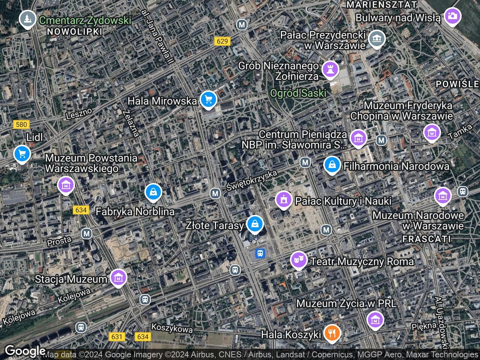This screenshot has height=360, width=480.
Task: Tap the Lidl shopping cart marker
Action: [22, 154]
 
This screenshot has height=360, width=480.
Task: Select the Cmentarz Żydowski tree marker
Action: [27, 18]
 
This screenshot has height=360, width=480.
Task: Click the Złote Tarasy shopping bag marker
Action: [255, 224]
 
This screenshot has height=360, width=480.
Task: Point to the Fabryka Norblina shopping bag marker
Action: [153, 192]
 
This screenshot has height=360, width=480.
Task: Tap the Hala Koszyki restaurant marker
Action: [332, 333]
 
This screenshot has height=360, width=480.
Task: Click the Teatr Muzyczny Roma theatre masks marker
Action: [298, 260]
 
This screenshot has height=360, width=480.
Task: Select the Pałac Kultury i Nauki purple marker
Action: [283, 199]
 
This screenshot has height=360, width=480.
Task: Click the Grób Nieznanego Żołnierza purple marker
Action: [330, 70]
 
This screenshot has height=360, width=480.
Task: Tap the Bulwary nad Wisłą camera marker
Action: [452, 16]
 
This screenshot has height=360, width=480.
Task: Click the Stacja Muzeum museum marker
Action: [119, 278]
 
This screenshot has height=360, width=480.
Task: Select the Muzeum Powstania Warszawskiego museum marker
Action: [66, 185]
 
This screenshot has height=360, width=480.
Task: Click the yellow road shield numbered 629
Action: [222, 41]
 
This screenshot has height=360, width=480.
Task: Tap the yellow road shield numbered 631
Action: [117, 336]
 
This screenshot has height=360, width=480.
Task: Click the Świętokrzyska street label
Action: [252, 181]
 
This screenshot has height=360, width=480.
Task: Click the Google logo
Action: [25, 351]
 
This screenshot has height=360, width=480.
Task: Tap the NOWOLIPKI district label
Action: [75, 31]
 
